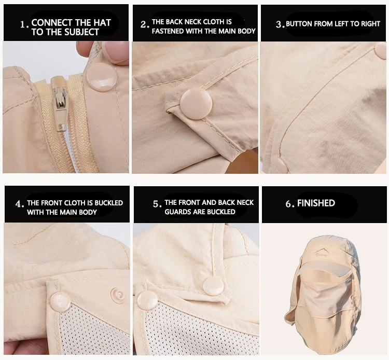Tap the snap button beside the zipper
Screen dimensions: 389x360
[x=101, y=77]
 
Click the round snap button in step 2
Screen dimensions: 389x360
[x=196, y=104]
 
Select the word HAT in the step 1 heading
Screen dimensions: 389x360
[x=102, y=23]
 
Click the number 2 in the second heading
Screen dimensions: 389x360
[x=143, y=24]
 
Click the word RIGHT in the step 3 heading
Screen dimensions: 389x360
[x=370, y=24]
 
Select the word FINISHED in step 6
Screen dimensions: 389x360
[x=316, y=203]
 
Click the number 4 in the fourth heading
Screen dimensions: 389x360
[x=18, y=204]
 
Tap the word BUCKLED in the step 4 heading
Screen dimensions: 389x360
[x=109, y=203]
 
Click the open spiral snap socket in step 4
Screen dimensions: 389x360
[x=118, y=295]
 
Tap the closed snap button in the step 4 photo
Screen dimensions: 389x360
[x=60, y=302]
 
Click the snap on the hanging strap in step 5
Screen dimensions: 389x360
[x=213, y=286]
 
